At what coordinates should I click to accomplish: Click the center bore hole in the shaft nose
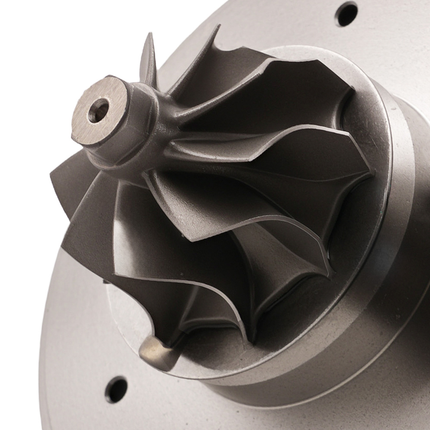(98, 111)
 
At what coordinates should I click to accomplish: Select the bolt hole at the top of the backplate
(346, 14)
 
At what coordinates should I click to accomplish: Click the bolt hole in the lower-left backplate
(116, 390)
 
